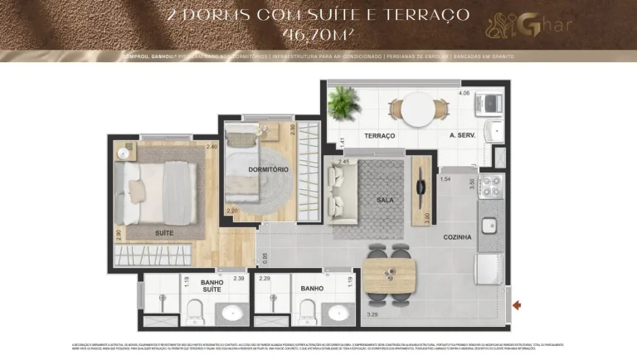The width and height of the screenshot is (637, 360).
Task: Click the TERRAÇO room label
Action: (x=378, y=135)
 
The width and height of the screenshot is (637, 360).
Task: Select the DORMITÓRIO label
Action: (x=268, y=169)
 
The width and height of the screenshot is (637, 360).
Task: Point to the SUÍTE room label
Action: (x=164, y=233)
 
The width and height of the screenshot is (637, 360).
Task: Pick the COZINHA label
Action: (x=456, y=237)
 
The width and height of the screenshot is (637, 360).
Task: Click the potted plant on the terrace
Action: (x=341, y=103)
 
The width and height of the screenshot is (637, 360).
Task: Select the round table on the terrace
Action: (x=418, y=108)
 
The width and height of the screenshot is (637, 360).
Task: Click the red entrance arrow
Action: (x=518, y=305)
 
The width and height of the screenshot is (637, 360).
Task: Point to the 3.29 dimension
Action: (x=373, y=315)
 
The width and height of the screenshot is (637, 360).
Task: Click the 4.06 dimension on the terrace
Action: (x=464, y=94)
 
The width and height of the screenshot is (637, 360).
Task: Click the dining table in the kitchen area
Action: (x=389, y=271)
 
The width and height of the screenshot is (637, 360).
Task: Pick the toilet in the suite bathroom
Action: (x=195, y=312)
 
